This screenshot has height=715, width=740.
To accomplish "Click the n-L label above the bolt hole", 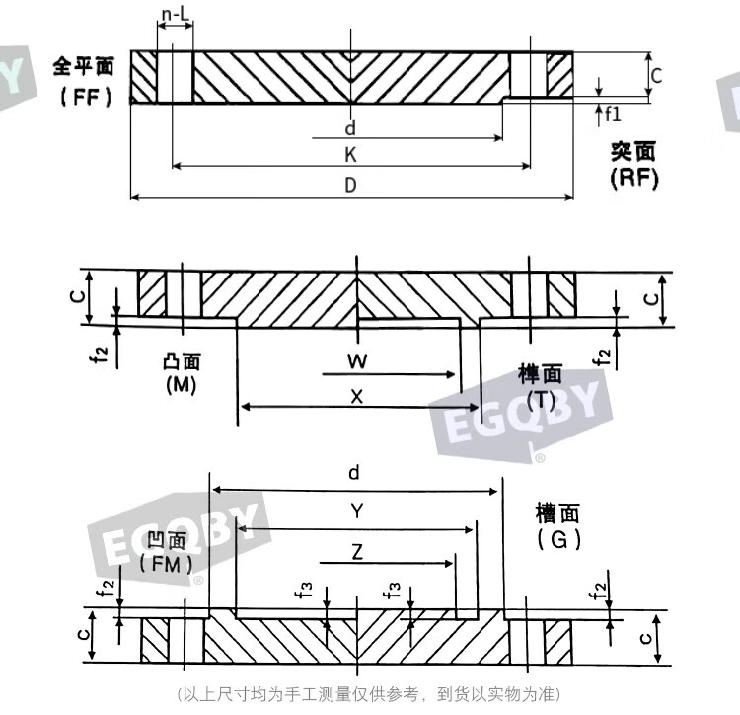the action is pyautogui.click(x=175, y=15).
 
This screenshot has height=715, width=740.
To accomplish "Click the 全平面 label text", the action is pyautogui.click(x=84, y=66).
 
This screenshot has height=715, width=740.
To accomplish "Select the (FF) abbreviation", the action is pyautogui.click(x=86, y=97).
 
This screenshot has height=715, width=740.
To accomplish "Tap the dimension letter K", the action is pyautogui.click(x=350, y=155).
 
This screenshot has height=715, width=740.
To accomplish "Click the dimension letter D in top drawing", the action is pyautogui.click(x=350, y=185).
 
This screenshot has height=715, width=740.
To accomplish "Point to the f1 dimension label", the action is pyautogui.click(x=613, y=115).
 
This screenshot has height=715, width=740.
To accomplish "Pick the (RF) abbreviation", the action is pyautogui.click(x=633, y=178).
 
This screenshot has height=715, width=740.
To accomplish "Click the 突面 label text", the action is pyautogui.click(x=633, y=152).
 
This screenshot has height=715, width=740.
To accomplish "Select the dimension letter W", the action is pyautogui.click(x=357, y=361).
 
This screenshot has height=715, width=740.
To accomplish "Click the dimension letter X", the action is pyautogui.click(x=357, y=396).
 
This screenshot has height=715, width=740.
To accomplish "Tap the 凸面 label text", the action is pyautogui.click(x=182, y=361).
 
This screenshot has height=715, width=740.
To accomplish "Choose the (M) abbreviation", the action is pyautogui.click(x=182, y=385).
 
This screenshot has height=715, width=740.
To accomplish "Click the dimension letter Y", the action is pyautogui.click(x=357, y=511).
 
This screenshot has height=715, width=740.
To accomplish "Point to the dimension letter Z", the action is pyautogui.click(x=357, y=552).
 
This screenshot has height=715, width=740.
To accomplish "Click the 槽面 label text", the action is pyautogui.click(x=556, y=514).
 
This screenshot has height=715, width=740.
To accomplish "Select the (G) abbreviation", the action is pyautogui.click(x=558, y=539).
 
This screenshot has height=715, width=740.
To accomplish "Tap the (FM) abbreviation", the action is pyautogui.click(x=166, y=564).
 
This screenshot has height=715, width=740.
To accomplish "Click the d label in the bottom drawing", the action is pyautogui.click(x=354, y=472).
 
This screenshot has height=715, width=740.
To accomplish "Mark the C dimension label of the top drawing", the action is pyautogui.click(x=656, y=76).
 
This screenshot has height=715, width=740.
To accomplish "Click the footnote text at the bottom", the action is pyautogui.click(x=369, y=694).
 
